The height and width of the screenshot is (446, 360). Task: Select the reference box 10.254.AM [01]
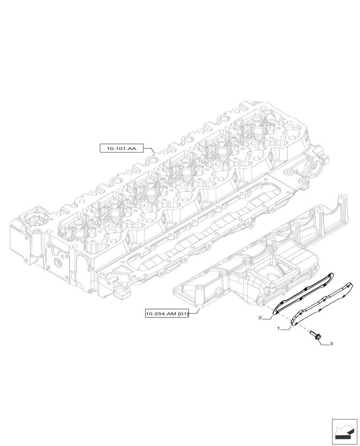tap(167, 314)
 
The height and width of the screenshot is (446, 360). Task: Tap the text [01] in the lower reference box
tap(183, 314)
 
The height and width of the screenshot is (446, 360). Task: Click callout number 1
tap(278, 328)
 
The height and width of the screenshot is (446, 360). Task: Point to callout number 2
tap(259, 318)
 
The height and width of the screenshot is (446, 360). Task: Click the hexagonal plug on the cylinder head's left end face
tap(57, 263)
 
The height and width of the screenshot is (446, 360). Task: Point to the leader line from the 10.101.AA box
tap(151, 150)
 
